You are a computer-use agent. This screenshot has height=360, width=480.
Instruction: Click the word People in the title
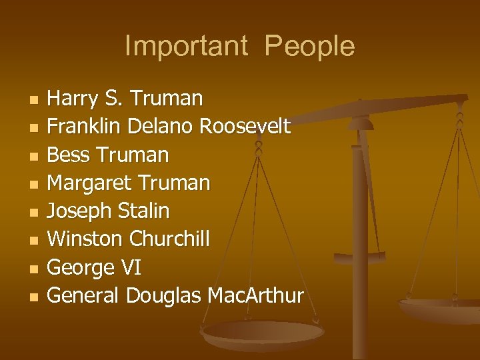309,47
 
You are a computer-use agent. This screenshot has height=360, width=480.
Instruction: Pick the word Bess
70,155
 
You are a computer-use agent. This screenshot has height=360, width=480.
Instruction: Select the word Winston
85,239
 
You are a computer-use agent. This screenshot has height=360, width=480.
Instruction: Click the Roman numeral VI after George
130,268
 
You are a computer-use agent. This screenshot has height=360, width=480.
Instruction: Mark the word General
84,295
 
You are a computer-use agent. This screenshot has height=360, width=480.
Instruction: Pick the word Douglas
164,296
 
